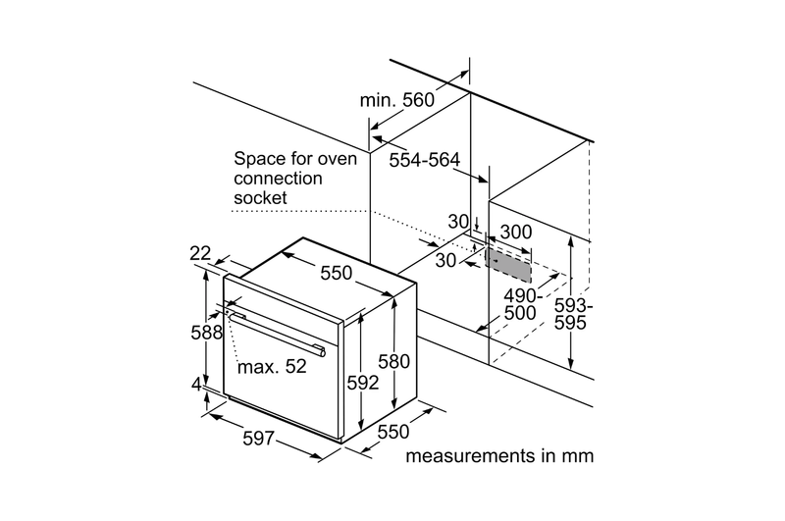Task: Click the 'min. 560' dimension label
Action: [396, 100]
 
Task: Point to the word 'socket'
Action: [260, 198]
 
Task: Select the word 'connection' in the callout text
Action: [278, 179]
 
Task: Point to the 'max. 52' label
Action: [272, 367]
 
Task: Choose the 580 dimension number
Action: [393, 361]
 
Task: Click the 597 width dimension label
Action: [257, 439]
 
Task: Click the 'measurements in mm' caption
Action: [499, 456]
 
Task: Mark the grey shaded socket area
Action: [506, 261]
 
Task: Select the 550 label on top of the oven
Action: [336, 274]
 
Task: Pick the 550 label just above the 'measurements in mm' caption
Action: [392, 431]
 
